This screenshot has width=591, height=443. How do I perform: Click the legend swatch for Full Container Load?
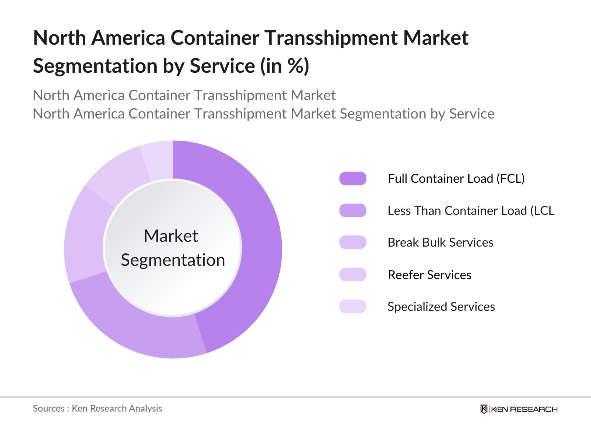[353, 178]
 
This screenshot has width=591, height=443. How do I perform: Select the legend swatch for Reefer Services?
[353, 275]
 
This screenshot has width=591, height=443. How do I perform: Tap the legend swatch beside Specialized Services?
[353, 306]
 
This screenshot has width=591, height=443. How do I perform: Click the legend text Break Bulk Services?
[440, 243]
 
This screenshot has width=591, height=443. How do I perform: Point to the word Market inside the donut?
[171, 236]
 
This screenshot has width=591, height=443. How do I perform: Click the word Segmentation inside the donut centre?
[173, 260]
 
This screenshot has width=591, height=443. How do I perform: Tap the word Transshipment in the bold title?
[331, 38]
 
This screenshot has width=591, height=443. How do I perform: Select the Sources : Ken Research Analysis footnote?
[98, 408]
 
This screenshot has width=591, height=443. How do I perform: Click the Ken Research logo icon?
[484, 409]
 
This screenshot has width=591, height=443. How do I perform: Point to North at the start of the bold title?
[59, 38]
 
